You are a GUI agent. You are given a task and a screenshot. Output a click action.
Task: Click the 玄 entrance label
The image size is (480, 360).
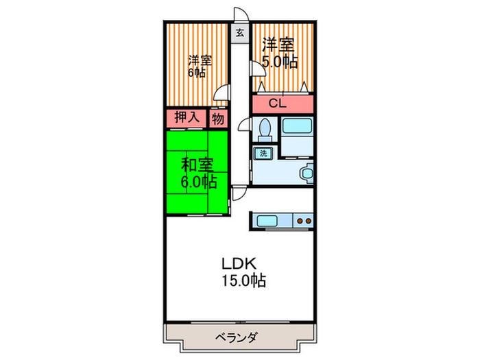click(x=240, y=32)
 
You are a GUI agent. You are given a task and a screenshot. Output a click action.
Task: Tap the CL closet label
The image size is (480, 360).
click(x=278, y=104)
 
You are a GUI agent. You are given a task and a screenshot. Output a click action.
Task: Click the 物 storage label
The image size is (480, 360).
click(x=218, y=118)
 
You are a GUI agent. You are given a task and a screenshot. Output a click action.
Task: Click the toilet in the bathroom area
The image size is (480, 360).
click(x=265, y=129)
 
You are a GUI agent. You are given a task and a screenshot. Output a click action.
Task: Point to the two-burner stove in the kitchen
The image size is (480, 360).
click(x=304, y=221)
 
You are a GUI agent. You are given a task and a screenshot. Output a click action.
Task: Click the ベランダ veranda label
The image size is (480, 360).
click(x=238, y=337)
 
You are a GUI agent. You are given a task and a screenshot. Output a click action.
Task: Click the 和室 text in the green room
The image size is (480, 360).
click(x=197, y=165)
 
